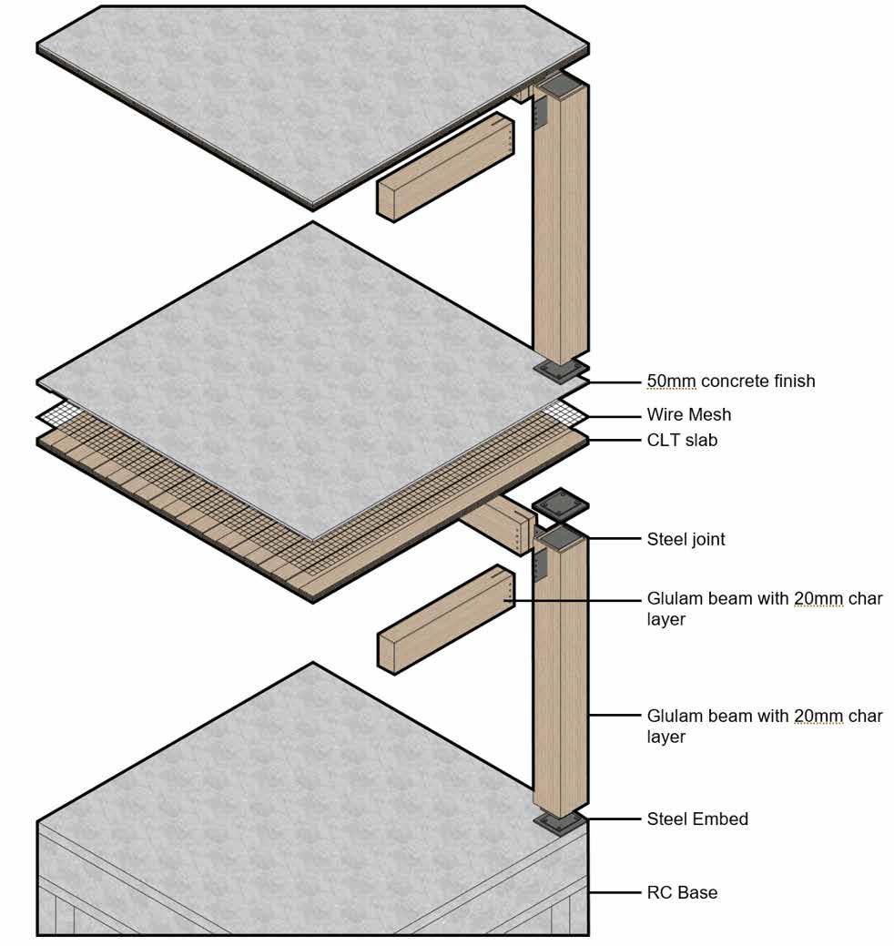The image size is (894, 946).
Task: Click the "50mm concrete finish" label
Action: [731, 381]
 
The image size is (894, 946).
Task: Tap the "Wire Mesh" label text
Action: [688, 414]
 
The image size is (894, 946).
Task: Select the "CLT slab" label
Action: [682, 441]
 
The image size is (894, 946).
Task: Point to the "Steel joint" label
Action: [686, 539]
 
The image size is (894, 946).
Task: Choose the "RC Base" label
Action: [682, 892]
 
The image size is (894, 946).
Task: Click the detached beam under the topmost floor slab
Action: [443, 168]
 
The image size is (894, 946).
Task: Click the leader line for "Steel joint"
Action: [614, 540]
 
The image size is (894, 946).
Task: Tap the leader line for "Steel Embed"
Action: [614, 819]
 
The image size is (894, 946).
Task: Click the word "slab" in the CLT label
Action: [700, 441]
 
